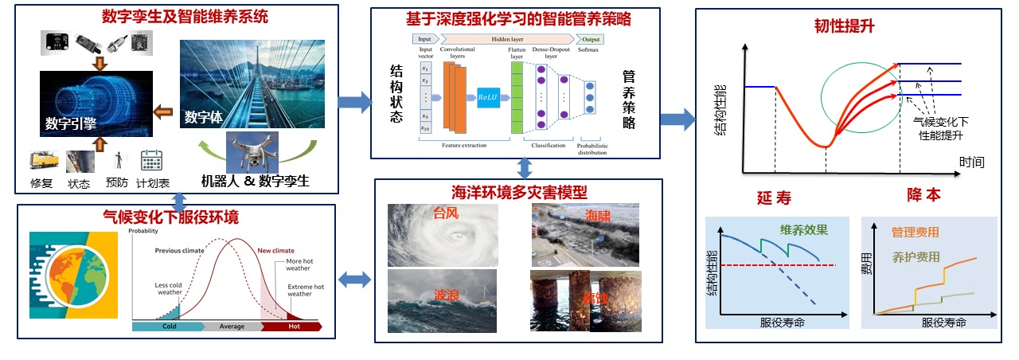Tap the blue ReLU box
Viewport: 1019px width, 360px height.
tap(486, 96)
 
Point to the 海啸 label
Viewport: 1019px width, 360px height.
tap(599, 216)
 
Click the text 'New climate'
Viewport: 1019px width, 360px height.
tap(276, 250)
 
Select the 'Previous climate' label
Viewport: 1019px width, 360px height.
tap(179, 250)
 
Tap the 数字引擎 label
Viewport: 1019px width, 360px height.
tap(72, 123)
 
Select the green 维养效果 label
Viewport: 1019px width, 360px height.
tap(804, 230)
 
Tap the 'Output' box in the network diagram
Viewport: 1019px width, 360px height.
tap(590, 38)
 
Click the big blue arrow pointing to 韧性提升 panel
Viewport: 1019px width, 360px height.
tap(677, 120)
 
